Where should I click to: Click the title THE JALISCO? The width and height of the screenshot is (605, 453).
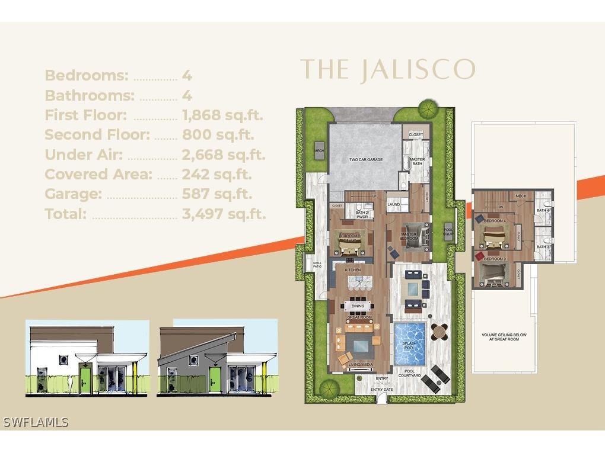(387, 70)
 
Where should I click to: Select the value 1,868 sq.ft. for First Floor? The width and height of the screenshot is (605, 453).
(222, 115)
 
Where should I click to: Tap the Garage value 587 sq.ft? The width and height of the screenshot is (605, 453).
(217, 194)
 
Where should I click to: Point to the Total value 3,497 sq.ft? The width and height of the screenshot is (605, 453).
(224, 214)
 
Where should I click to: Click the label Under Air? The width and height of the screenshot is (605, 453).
(84, 155)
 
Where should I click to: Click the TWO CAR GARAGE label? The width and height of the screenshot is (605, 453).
(365, 160)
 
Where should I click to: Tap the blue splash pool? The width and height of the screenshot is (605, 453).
(410, 343)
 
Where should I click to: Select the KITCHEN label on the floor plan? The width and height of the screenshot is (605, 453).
(353, 270)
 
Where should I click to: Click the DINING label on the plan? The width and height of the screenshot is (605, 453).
(358, 306)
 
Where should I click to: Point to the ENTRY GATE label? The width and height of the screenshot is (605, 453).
(381, 390)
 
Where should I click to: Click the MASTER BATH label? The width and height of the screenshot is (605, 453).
(416, 161)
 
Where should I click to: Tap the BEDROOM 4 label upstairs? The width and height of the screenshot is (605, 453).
(495, 221)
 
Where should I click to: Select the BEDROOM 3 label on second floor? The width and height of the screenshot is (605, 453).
(495, 259)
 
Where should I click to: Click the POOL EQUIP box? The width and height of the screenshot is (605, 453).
(448, 232)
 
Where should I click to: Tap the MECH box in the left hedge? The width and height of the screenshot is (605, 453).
(319, 150)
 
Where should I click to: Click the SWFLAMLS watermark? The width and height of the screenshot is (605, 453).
(36, 422)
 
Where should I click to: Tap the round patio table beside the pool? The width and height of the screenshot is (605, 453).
(439, 332)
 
